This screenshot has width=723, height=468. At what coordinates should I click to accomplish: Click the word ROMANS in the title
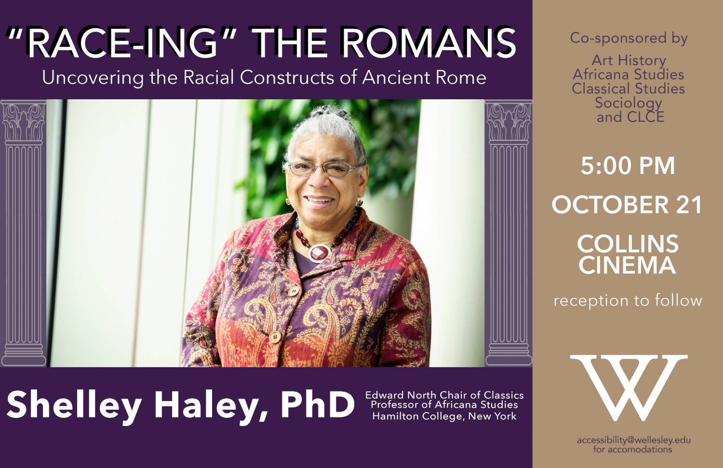click(x=429, y=43)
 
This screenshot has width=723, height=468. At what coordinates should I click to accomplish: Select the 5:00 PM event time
click(x=628, y=166)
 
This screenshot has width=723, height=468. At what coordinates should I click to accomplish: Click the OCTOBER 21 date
click(x=627, y=205)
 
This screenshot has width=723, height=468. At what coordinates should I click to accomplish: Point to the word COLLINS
click(x=628, y=244)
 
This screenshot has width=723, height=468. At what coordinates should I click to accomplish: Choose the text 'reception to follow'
click(x=628, y=301)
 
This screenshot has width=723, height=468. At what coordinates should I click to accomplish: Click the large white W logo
click(x=629, y=387)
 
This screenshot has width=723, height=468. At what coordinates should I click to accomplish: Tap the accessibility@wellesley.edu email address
click(x=633, y=440)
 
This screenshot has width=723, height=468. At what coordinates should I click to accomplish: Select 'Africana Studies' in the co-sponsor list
click(x=629, y=75)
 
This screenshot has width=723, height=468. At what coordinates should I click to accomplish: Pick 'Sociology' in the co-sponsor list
click(x=628, y=103)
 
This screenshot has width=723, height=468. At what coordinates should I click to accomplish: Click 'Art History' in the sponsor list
click(x=629, y=60)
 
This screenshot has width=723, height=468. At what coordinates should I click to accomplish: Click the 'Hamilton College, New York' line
click(x=444, y=416)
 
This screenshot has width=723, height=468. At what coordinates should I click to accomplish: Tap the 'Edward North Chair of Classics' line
click(x=444, y=395)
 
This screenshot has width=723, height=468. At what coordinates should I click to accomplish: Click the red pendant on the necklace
click(x=319, y=252)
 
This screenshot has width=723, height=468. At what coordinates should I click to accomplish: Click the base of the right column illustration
click(x=509, y=356)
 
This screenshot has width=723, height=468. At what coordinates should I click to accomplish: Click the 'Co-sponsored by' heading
click(x=629, y=38)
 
